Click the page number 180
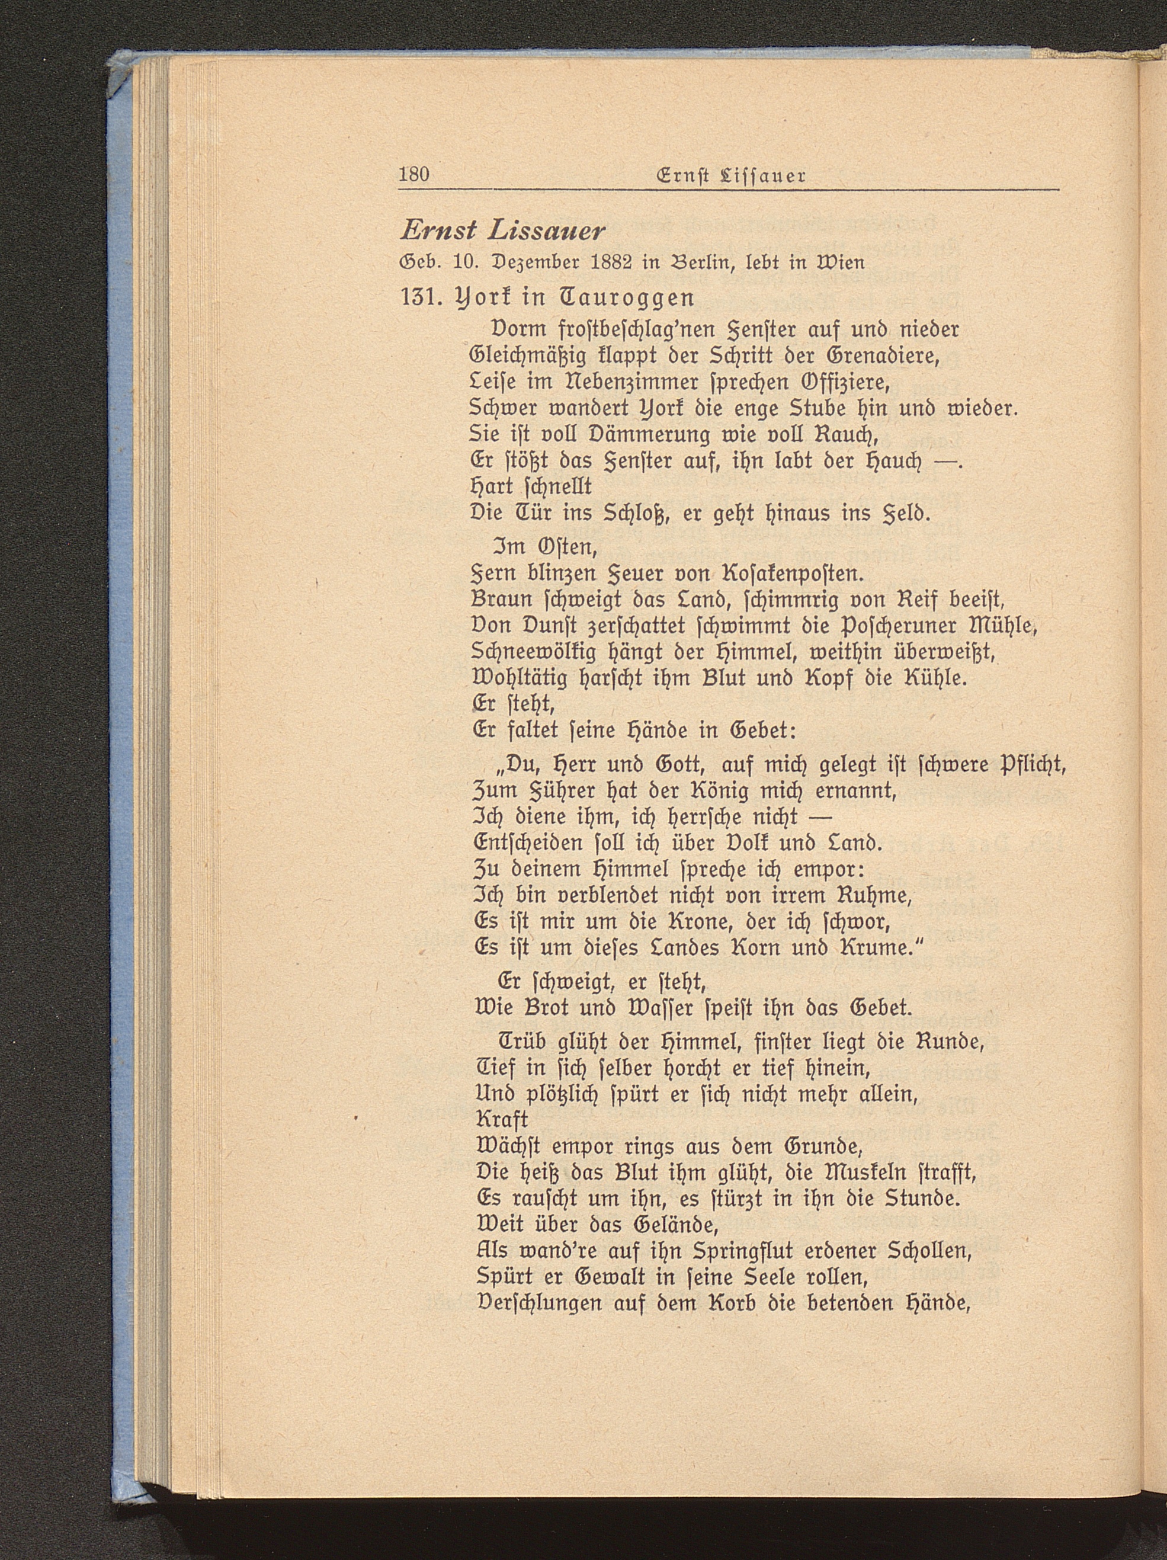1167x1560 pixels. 414,174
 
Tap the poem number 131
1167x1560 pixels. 421,297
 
